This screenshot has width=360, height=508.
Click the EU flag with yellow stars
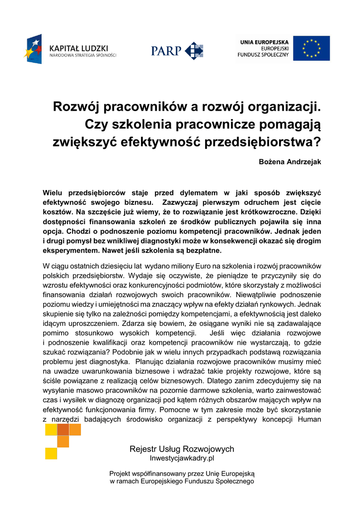click(311, 48)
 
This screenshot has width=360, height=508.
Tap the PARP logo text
click(167, 51)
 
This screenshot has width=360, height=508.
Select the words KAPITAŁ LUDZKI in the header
click(78, 48)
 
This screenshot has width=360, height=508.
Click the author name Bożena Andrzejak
click(290, 162)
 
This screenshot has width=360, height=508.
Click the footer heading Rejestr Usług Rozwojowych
click(182, 449)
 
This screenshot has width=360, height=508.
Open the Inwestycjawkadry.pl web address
click(182, 458)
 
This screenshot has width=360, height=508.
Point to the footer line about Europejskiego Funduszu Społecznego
click(182, 481)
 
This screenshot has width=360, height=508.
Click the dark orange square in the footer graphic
click(63, 441)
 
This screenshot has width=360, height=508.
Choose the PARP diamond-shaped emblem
click(194, 51)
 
